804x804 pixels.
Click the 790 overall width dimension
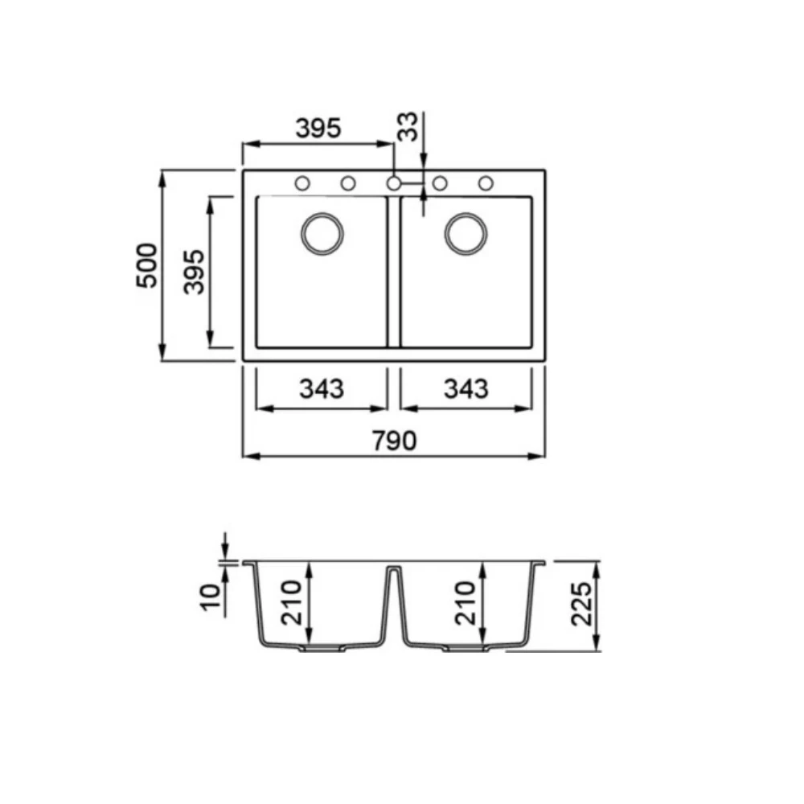pos(394,441)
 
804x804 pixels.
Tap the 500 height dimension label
pos(147,265)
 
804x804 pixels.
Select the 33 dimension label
pos(408,127)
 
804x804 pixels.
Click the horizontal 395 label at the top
pos(318,128)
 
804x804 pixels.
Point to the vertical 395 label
pos(195,272)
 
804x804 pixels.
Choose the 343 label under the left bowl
pos(322,388)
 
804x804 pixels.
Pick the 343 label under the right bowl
pos(466,388)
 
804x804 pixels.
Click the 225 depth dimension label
pos(582,604)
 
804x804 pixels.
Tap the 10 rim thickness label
pos(210,597)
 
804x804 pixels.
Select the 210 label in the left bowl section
pos(292,602)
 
